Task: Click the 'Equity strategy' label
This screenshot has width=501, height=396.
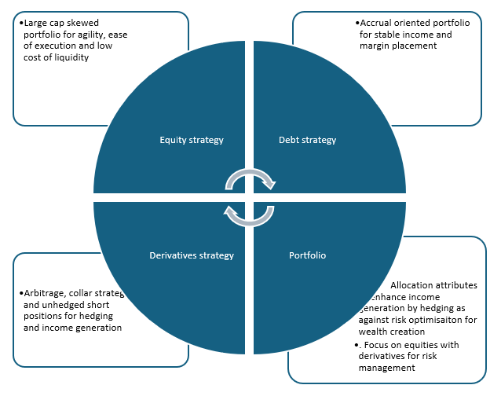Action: [192, 140]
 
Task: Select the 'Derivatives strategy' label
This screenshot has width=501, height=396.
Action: [192, 255]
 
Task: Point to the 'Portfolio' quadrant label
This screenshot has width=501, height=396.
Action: [307, 255]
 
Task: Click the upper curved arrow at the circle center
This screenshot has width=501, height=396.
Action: [251, 180]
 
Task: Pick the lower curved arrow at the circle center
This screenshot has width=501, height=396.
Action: [249, 214]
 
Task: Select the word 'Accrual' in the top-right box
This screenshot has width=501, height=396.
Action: [377, 24]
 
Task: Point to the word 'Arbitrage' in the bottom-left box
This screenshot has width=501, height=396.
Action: [45, 294]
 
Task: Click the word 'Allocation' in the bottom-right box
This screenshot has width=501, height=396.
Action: [415, 285]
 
